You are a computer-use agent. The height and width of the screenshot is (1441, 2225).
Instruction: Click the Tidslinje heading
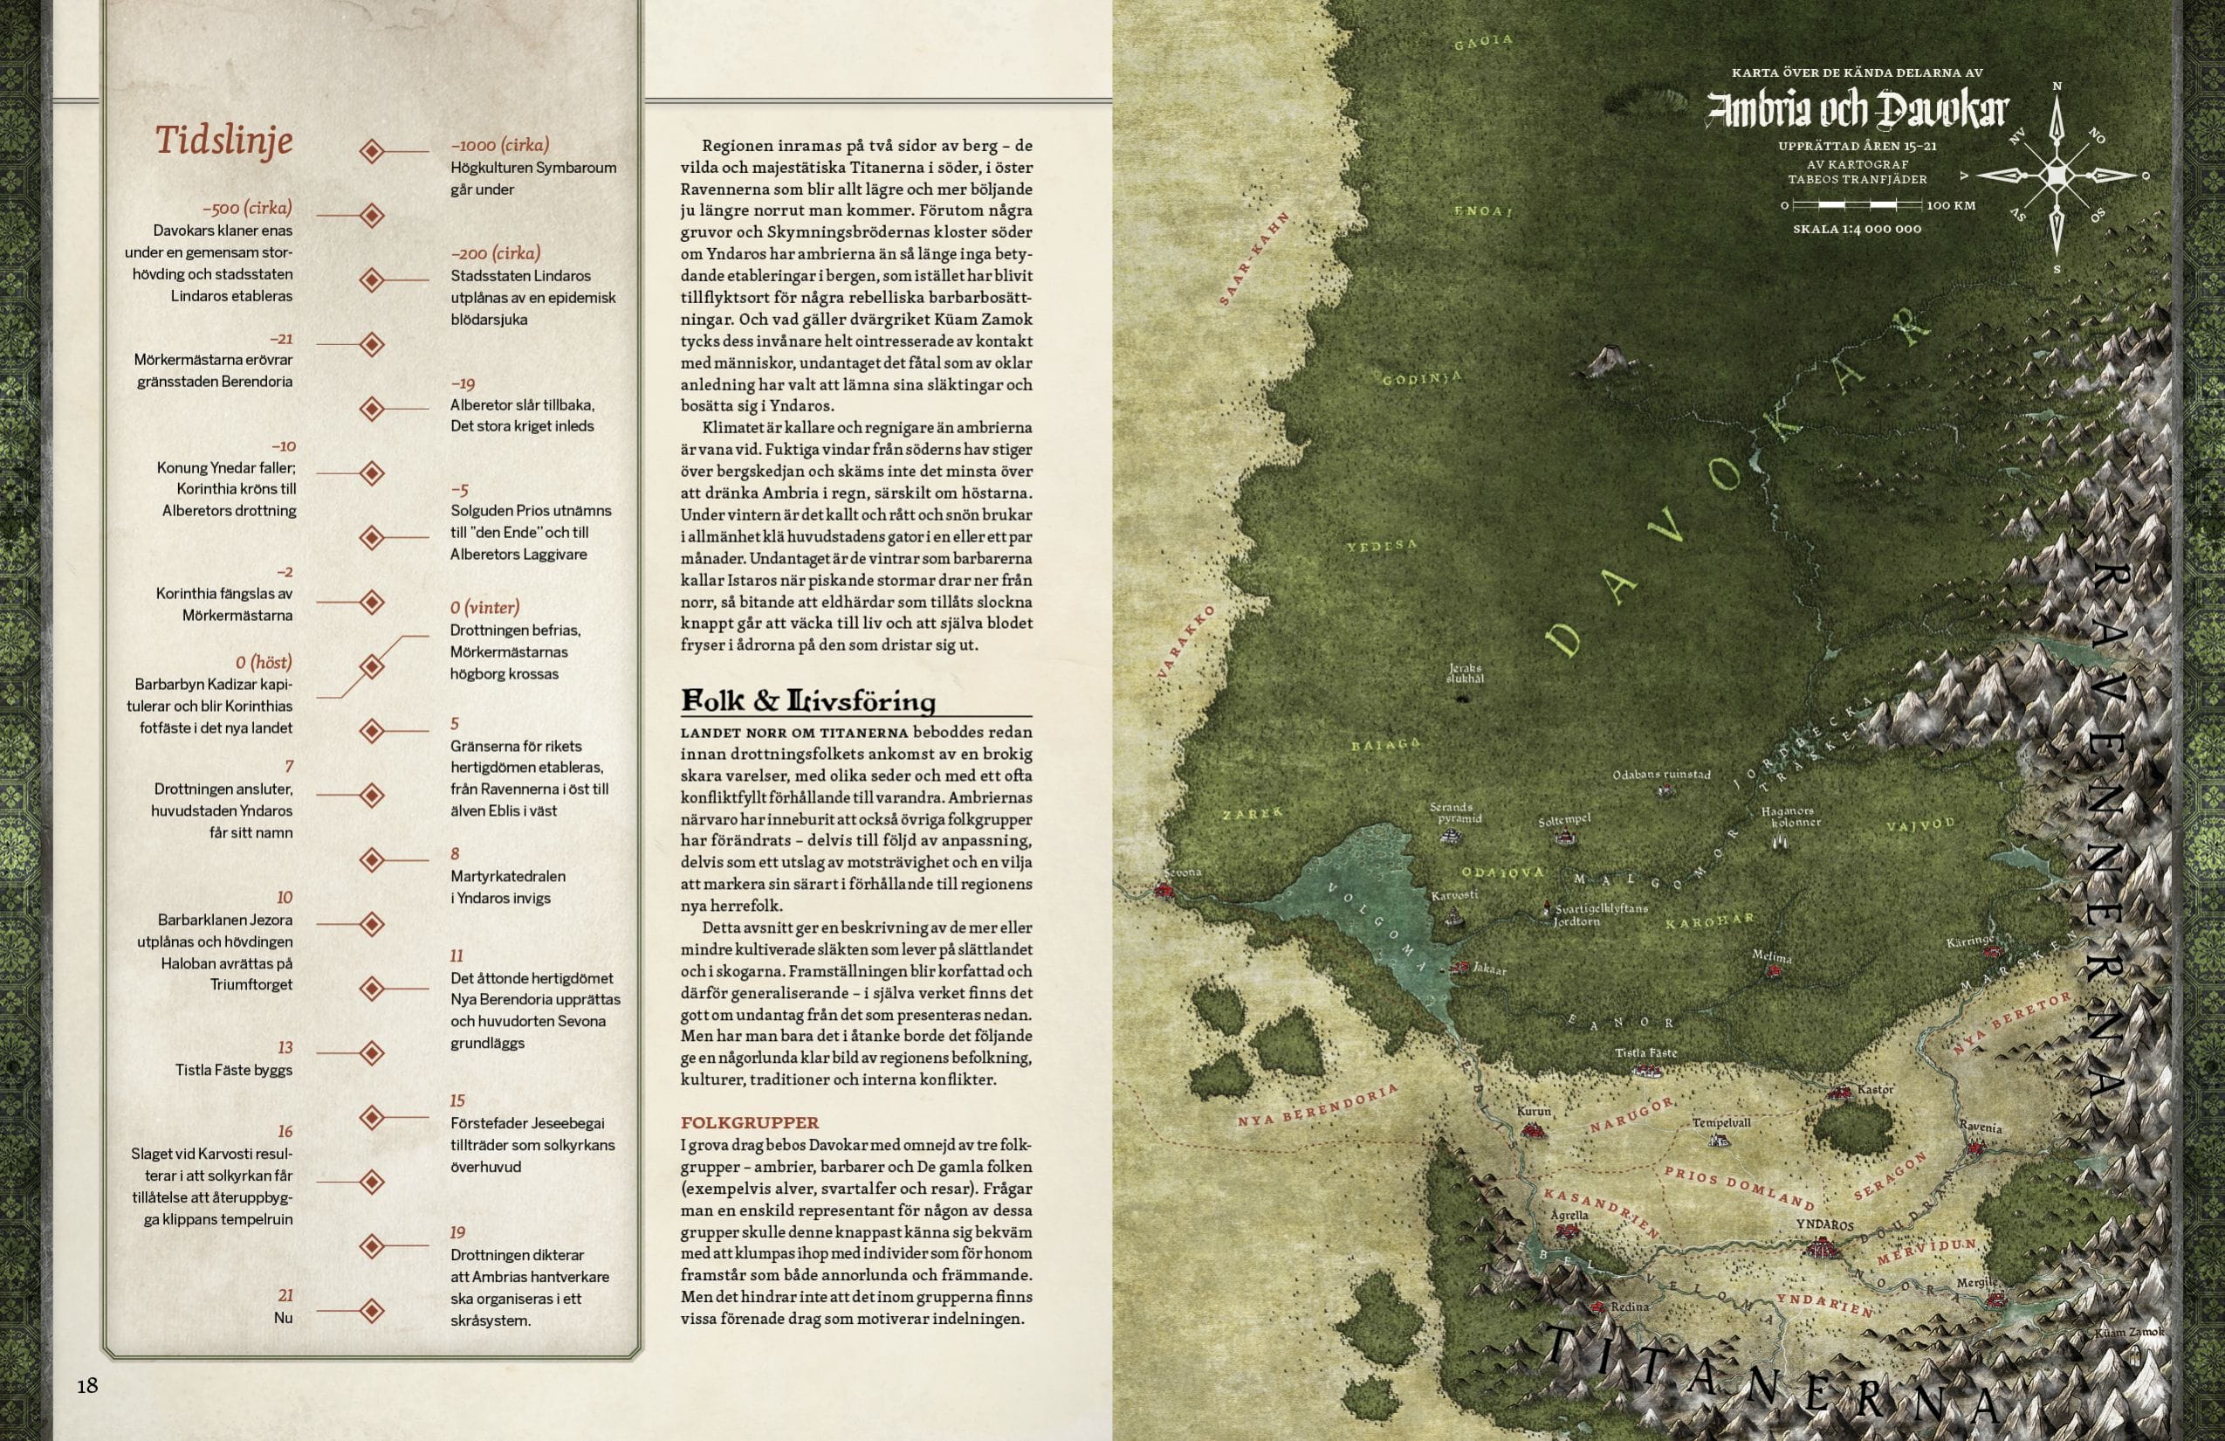point(223,141)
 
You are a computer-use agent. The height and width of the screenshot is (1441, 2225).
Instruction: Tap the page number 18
point(87,1385)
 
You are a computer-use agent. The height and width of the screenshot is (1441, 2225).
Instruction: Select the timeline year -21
point(280,339)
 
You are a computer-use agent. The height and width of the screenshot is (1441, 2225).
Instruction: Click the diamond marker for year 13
point(372,1053)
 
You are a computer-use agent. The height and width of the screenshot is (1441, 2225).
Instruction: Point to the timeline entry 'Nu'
point(282,1318)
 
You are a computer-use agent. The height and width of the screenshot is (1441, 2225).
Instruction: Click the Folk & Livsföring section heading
point(807,700)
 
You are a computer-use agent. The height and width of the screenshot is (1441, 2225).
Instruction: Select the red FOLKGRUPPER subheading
point(749,1122)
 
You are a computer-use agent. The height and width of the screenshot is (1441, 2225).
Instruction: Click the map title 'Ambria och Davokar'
point(1857,110)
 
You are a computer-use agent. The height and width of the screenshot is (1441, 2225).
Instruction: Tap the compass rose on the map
point(2056,176)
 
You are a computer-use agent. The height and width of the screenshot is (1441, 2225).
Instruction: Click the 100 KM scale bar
point(1856,204)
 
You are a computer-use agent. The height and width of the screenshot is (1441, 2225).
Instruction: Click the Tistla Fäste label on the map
point(1645,1053)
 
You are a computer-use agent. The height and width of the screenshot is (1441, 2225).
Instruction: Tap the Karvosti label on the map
point(1453,895)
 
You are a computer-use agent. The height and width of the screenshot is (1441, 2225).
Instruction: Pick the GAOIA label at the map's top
point(1483,42)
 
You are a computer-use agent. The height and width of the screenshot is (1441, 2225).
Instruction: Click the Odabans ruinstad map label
point(1660,775)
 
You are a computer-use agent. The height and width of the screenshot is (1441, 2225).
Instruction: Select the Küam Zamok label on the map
point(2130,1332)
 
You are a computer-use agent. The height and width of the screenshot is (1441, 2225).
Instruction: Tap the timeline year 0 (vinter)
point(484,607)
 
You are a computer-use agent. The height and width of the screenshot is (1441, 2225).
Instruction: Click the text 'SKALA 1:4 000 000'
point(1857,229)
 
